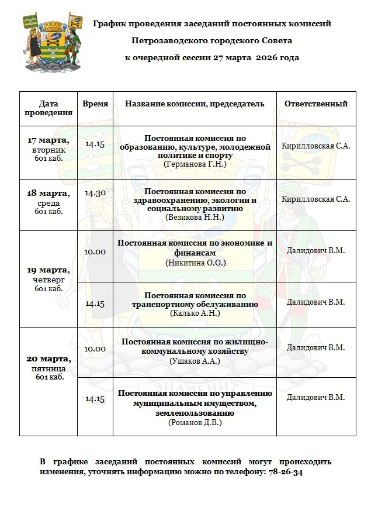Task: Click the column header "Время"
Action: pos(95,104)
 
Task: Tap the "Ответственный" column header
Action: pos(315,104)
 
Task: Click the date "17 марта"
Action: pos(48,140)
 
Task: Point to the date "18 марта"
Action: pos(48,194)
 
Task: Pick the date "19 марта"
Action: pos(48,270)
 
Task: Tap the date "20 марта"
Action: pos(48,358)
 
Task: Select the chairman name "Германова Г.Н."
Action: pos(195,165)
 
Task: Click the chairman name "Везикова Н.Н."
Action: pos(195,217)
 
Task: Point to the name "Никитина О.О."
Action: pos(195,263)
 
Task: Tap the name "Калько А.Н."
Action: pos(195,313)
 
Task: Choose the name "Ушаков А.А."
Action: pos(195,361)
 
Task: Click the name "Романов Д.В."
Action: pos(195,422)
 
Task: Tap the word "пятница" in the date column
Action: pos(48,369)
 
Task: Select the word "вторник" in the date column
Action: pos(48,150)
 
